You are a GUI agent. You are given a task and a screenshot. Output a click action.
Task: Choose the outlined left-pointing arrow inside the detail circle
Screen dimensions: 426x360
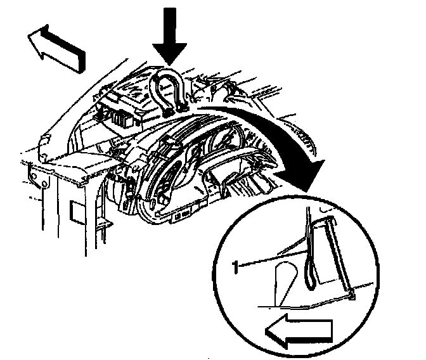coord(297,329)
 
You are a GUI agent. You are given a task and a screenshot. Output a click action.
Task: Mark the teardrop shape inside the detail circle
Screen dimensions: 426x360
coord(285,281)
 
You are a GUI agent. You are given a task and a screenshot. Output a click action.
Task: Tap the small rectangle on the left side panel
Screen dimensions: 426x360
coord(75,212)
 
